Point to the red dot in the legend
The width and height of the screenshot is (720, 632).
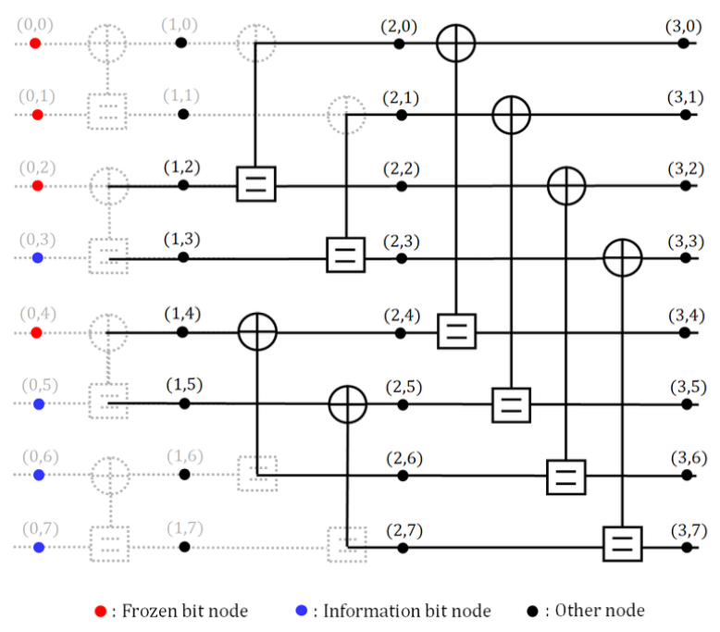point(100,611)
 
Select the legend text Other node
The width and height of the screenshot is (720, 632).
point(599,611)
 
